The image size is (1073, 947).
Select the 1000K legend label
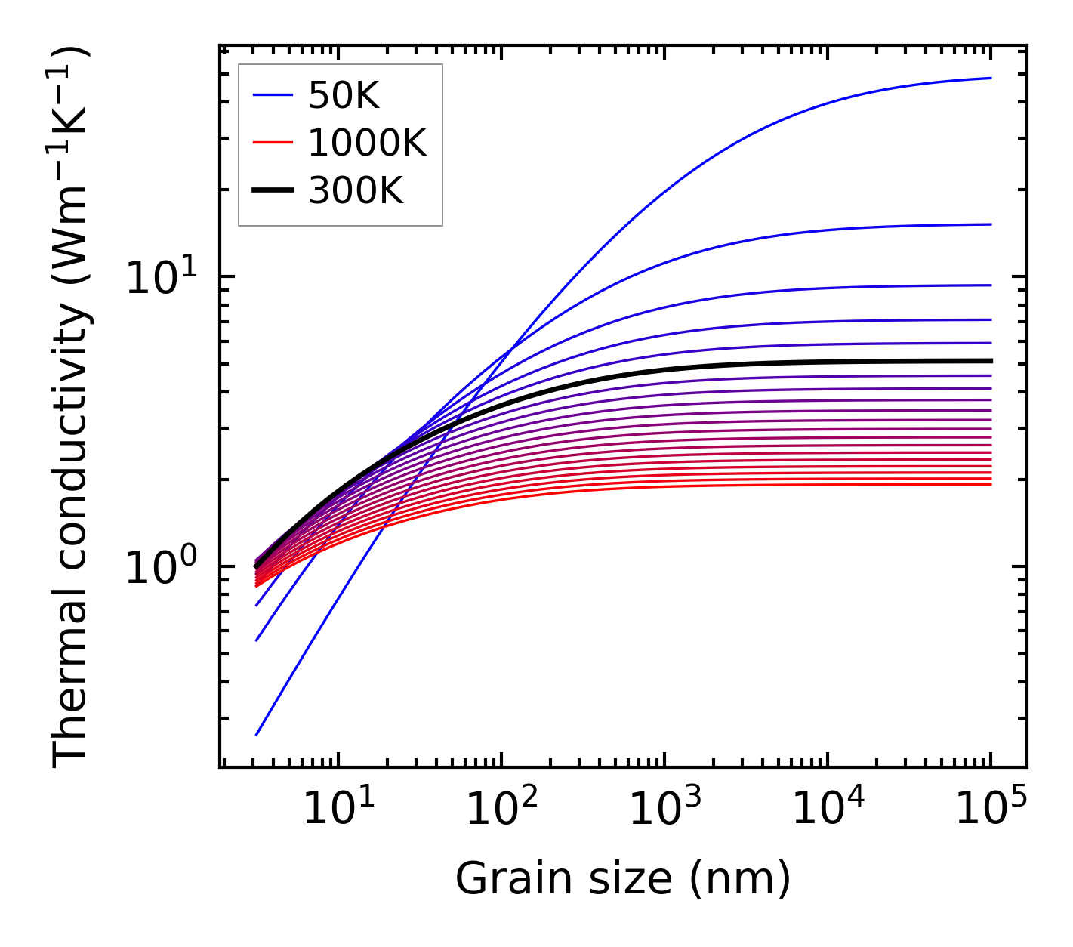[367, 143]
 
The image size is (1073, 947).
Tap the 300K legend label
[356, 191]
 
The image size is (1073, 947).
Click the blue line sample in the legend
[273, 95]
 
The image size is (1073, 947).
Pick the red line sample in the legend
[273, 143]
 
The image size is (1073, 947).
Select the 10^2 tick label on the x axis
[501, 809]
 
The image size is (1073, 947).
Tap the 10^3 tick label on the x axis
[664, 809]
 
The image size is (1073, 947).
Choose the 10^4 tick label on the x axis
[827, 809]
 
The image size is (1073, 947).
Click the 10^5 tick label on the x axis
[990, 809]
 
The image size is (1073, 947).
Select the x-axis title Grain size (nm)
[623, 879]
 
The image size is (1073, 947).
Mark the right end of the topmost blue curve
[990, 78]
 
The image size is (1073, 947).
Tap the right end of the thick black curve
[990, 361]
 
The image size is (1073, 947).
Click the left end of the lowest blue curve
[257, 734]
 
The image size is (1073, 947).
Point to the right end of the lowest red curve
[990, 484]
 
